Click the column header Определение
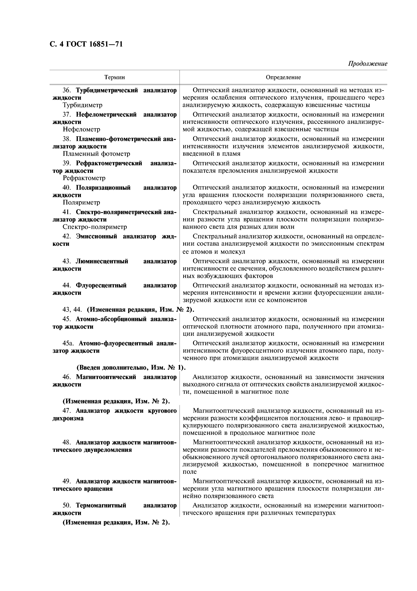pos(283,77)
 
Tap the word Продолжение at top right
pos(367,64)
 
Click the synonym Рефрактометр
pos(84,178)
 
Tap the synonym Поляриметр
pos(81,202)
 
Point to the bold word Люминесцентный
pos(102,261)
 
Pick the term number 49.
pos(67,481)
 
